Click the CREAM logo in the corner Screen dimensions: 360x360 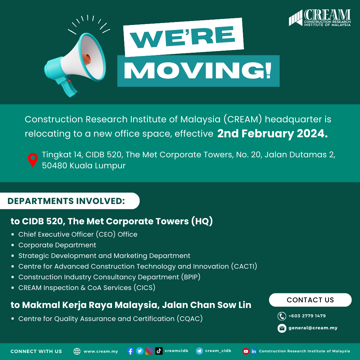pos(320,18)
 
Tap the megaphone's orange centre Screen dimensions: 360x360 pos(87,59)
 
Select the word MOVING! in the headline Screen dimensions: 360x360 pos(198,70)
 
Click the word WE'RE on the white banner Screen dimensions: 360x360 pos(183,37)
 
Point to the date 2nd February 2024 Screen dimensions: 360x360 pos(273,133)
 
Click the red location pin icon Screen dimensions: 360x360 pos(33,160)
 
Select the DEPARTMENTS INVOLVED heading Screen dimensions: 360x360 pos(66,201)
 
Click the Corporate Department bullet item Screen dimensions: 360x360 pos(57,245)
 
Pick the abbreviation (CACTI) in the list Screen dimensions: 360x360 pos(244,266)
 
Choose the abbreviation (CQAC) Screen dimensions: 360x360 pos(190,319)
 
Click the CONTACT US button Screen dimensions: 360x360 pos(310,300)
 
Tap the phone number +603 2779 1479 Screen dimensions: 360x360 pos(307,316)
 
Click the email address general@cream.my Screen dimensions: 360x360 pos(313,328)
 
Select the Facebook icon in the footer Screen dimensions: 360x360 pos(130,351)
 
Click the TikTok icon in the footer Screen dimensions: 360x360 pos(159,351)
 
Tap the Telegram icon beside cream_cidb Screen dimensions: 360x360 pos(199,351)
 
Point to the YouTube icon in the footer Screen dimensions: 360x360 pos(246,351)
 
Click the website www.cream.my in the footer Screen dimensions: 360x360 pos(101,351)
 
